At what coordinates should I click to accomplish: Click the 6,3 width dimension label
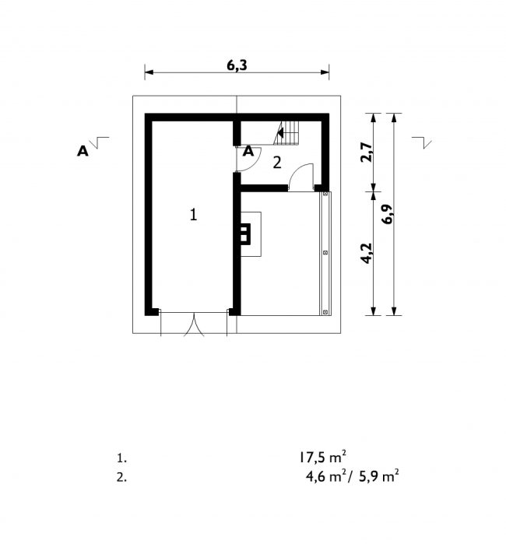pyautogui.click(x=237, y=65)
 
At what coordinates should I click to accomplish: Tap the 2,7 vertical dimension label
pyautogui.click(x=367, y=152)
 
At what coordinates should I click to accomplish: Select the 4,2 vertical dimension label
pyautogui.click(x=367, y=253)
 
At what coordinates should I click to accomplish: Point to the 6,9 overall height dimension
pyautogui.click(x=387, y=214)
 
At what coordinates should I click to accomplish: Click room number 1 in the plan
pyautogui.click(x=193, y=214)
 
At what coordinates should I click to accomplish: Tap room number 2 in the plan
pyautogui.click(x=276, y=163)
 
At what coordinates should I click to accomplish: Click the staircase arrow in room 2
pyautogui.click(x=280, y=132)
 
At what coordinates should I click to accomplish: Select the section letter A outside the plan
pyautogui.click(x=83, y=151)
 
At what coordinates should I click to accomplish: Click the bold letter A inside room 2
pyautogui.click(x=248, y=151)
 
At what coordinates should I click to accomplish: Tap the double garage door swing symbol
pyautogui.click(x=194, y=325)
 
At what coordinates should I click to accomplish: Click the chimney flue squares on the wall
pyautogui.click(x=244, y=233)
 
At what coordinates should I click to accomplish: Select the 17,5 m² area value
pyautogui.click(x=322, y=458)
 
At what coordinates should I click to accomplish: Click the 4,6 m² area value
pyautogui.click(x=326, y=476)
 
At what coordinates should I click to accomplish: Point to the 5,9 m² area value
pyautogui.click(x=378, y=476)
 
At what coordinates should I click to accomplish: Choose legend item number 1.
pyautogui.click(x=121, y=458)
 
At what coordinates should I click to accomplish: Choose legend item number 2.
pyautogui.click(x=121, y=477)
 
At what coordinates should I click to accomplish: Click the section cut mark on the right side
pyautogui.click(x=422, y=142)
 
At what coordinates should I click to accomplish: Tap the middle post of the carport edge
pyautogui.click(x=325, y=253)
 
